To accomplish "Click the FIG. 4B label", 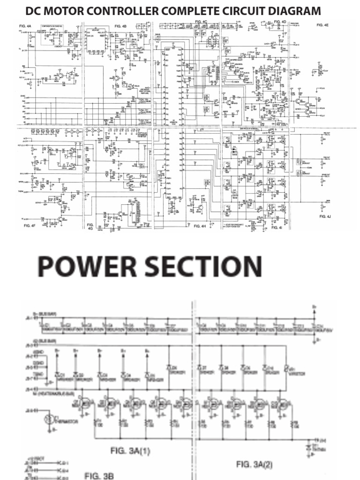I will (120, 27).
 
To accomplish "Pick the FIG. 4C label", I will (202, 22).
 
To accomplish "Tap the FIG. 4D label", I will (280, 22).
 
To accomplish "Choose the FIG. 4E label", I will (323, 25).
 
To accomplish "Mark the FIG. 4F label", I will (30, 226).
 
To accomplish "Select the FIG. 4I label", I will (277, 227).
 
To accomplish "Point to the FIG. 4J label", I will (325, 217).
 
